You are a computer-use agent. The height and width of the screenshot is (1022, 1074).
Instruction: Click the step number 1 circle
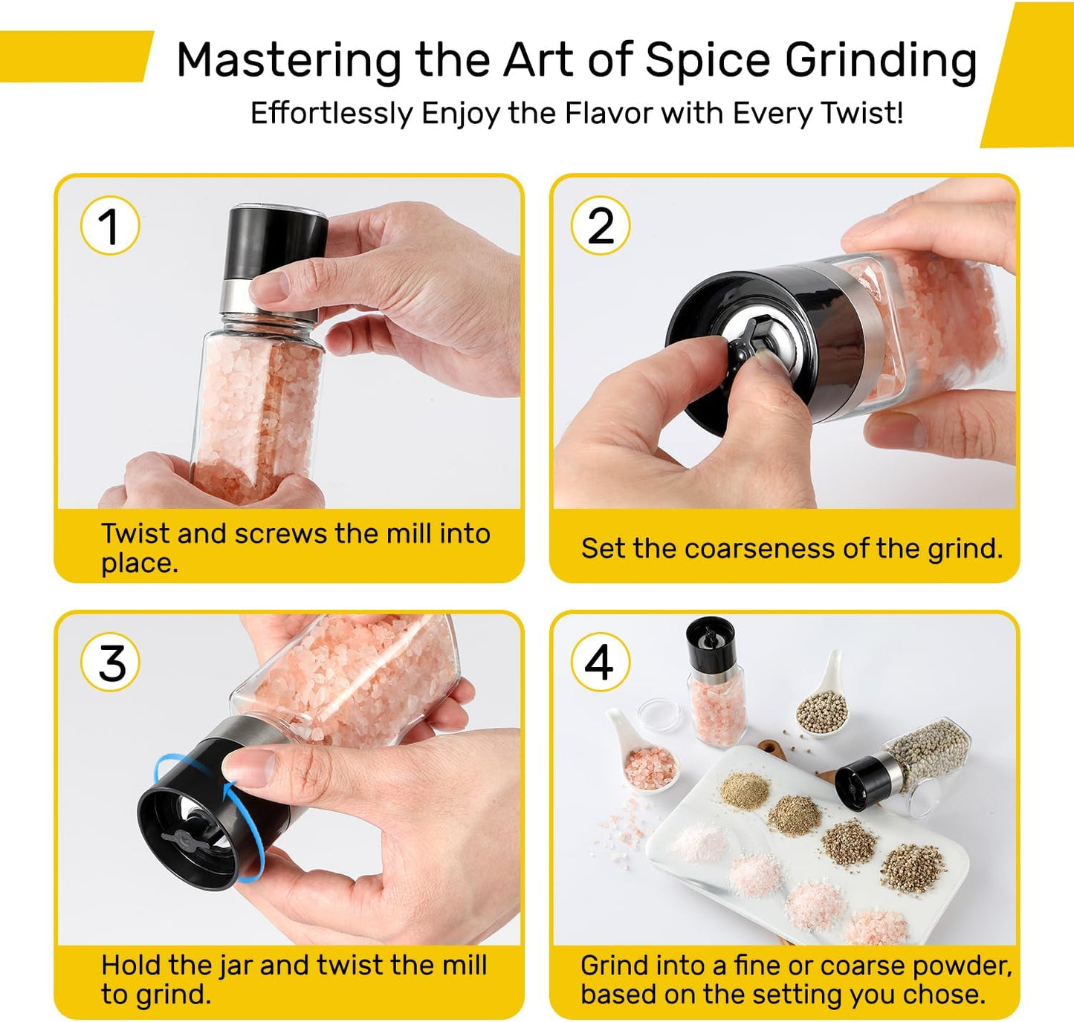coord(110,226)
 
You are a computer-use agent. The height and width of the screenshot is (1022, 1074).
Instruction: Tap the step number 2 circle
coord(601,226)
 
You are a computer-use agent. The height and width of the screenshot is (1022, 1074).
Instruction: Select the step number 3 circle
coord(110,663)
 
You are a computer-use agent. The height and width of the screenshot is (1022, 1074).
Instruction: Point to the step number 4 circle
coord(601,663)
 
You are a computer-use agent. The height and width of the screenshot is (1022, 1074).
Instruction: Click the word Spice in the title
coord(708,61)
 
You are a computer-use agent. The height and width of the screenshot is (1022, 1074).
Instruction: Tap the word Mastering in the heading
coord(289,61)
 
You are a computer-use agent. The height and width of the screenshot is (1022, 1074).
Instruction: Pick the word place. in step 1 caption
coord(140,564)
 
